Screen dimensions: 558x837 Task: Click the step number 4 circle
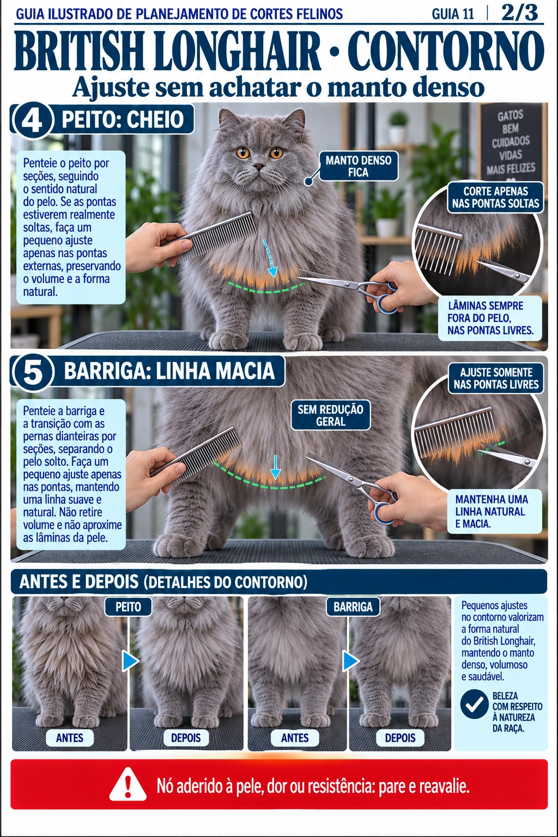(x=32, y=120)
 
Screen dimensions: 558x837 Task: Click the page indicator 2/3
(x=519, y=14)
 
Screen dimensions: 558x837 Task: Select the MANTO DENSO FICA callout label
(x=359, y=166)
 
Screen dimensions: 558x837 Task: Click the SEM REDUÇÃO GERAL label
(x=330, y=416)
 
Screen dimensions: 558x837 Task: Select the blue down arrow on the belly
(x=275, y=466)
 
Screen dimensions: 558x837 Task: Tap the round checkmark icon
(x=474, y=705)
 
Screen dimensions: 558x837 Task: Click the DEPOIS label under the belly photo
(x=401, y=738)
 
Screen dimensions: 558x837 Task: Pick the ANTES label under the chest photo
(x=70, y=738)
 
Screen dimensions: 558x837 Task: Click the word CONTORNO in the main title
(x=447, y=51)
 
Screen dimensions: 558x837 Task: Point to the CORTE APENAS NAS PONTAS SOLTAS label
(x=495, y=197)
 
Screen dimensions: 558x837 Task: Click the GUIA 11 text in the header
(x=453, y=14)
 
